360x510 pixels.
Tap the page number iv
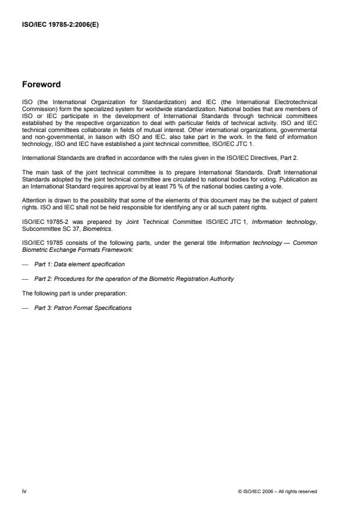click(x=24, y=491)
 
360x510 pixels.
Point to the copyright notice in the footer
click(x=278, y=492)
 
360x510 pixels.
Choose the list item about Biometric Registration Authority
click(x=134, y=279)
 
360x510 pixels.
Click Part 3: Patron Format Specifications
click(x=83, y=308)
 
